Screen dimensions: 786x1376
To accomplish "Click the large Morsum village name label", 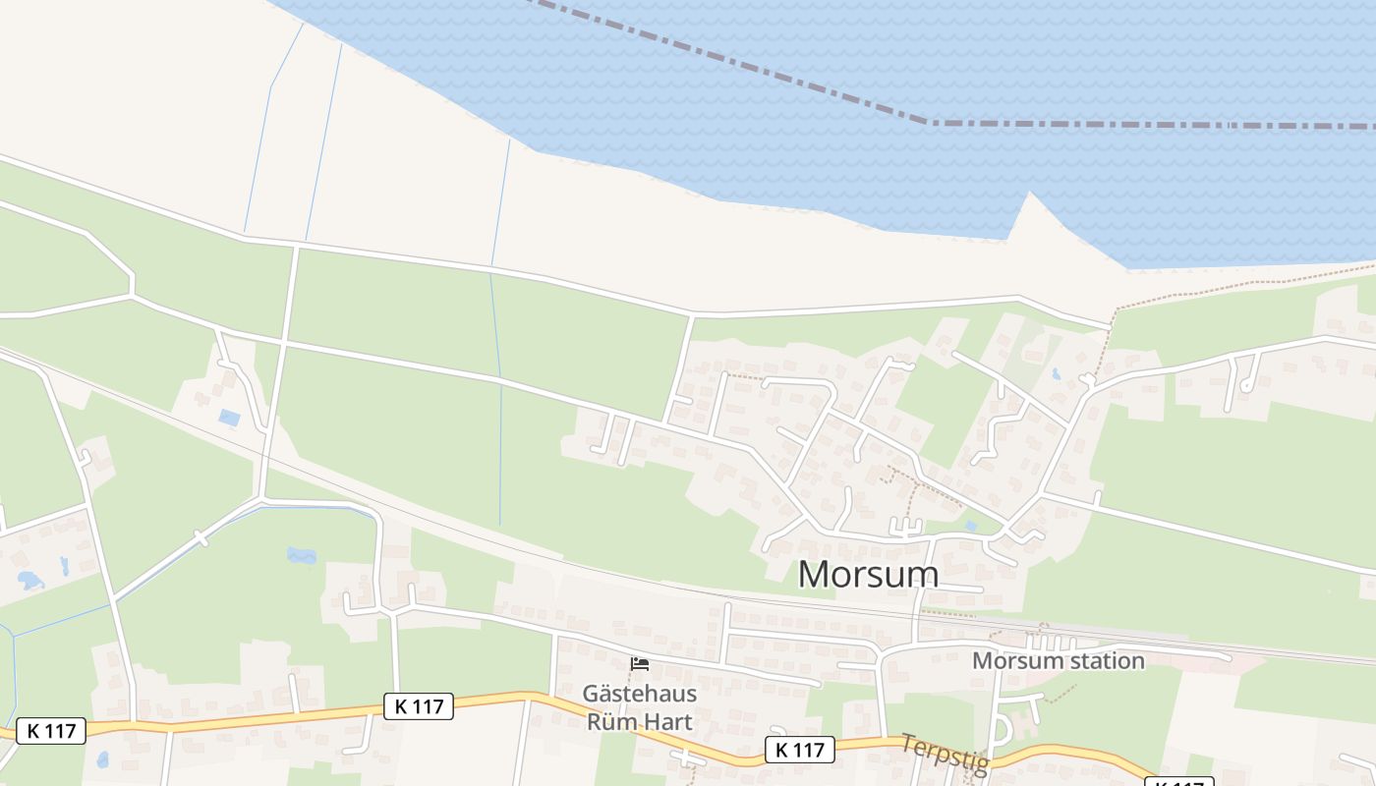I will click(x=868, y=574).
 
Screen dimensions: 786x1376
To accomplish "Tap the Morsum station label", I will click(x=1059, y=661).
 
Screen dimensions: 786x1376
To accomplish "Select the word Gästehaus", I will click(x=640, y=694).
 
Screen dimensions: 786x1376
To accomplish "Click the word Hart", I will click(x=670, y=722).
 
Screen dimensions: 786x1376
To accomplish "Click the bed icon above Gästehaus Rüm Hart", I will click(x=640, y=664).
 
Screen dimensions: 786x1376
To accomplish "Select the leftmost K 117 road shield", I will click(x=51, y=731).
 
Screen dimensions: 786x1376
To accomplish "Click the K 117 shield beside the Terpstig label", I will click(x=800, y=751).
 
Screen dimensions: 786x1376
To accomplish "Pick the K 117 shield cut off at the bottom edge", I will click(x=1179, y=782).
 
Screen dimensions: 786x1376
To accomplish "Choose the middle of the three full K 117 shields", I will click(x=419, y=705).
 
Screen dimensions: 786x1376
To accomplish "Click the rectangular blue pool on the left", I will click(x=229, y=419).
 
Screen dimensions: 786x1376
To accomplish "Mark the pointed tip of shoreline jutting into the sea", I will click(x=1029, y=194).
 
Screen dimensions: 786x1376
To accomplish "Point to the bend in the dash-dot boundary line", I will click(x=931, y=123).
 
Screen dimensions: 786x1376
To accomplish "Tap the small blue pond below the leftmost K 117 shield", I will click(x=102, y=759).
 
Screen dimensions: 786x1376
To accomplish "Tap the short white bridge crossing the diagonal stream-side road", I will click(x=201, y=538).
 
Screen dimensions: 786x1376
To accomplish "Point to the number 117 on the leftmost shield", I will click(x=60, y=731).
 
